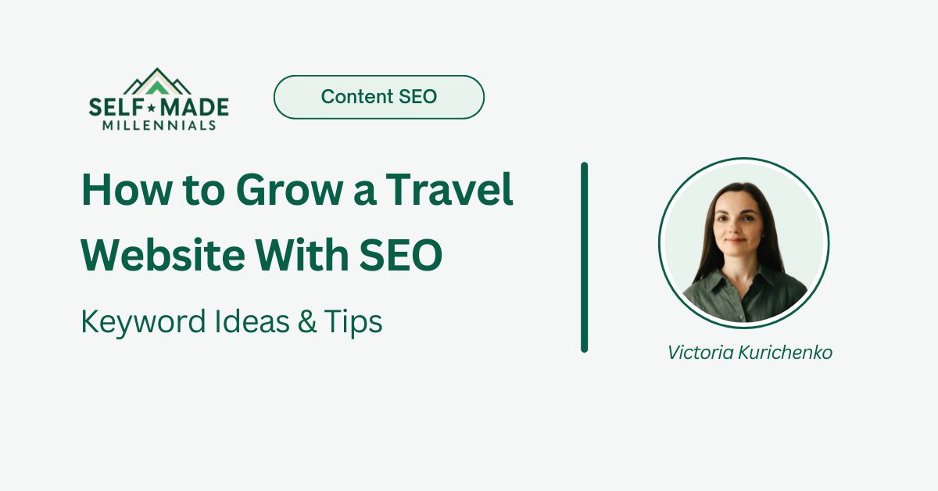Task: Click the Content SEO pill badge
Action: (379, 97)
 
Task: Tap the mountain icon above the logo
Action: (158, 81)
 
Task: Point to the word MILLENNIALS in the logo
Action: (159, 124)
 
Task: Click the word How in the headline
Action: (117, 190)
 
